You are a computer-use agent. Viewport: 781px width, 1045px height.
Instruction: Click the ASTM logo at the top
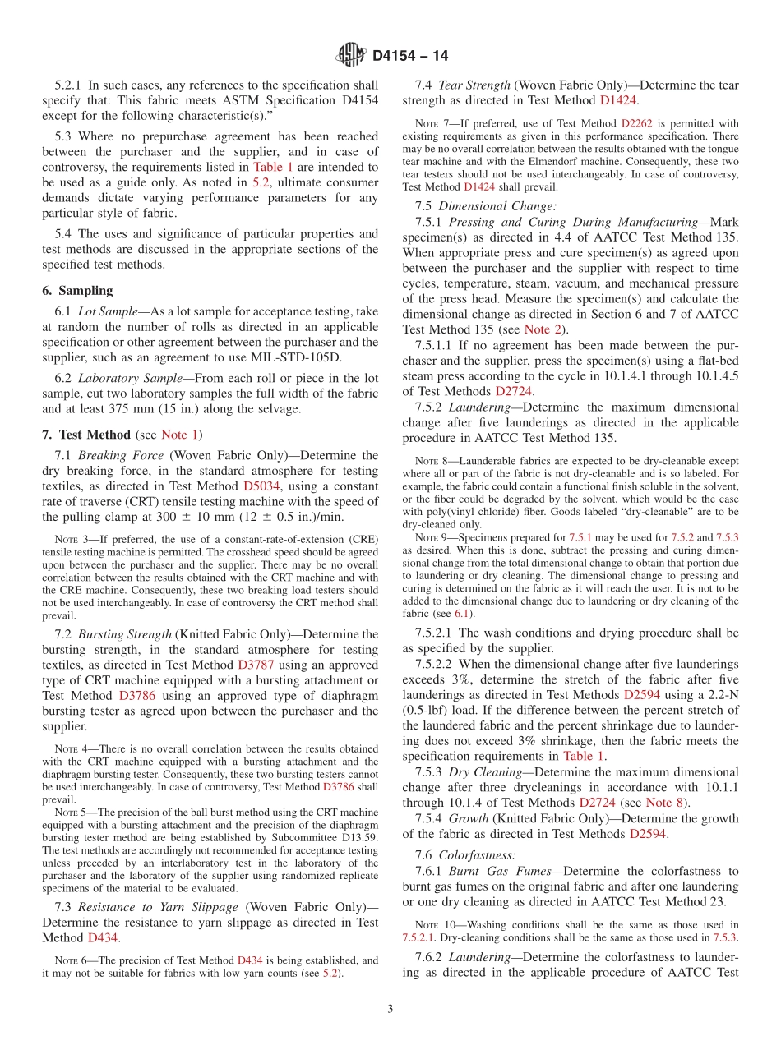351,56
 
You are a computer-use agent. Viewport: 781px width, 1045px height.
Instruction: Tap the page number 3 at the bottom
390,1009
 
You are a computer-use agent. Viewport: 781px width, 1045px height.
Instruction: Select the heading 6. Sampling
77,290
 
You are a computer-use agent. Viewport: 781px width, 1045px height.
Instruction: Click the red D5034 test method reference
262,486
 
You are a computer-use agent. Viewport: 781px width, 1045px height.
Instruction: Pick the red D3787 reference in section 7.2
256,665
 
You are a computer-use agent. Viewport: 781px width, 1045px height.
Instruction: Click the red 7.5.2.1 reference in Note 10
419,937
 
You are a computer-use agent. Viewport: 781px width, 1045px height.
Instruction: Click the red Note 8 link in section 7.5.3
665,802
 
